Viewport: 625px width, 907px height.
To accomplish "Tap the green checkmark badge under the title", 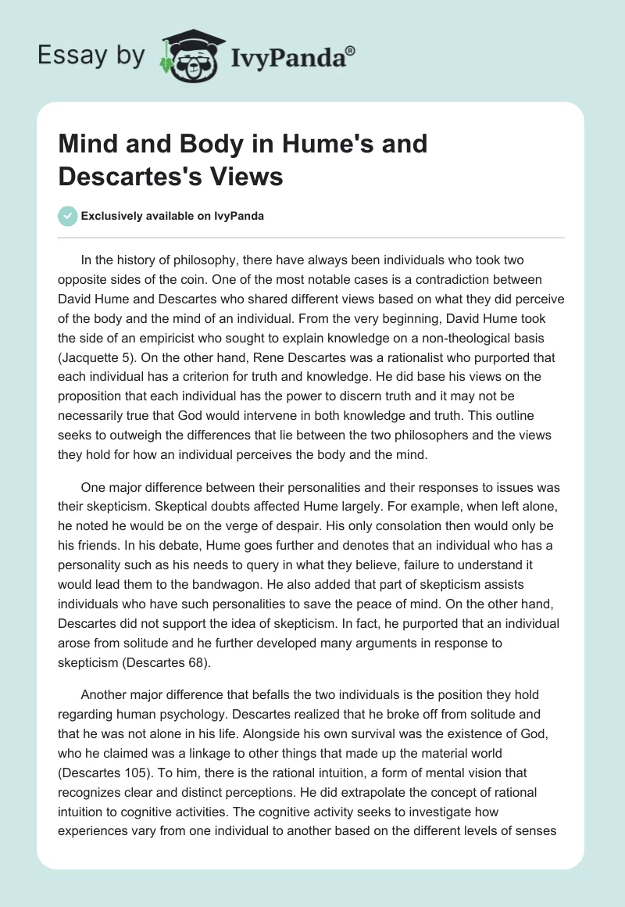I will coord(68,216).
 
